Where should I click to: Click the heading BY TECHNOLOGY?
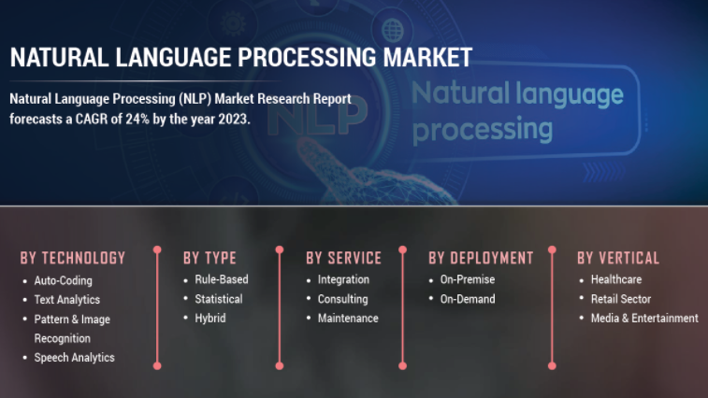73,258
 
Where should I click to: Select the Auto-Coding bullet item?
64,280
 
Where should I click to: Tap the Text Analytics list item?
67,300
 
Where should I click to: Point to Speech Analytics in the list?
75,358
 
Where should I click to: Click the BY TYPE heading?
210,258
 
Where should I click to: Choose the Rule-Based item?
222,279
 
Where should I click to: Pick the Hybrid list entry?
210,319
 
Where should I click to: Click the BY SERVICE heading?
343,258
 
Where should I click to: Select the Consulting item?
343,299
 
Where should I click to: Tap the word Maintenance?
348,319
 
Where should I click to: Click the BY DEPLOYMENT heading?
481,258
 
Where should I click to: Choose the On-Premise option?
468,279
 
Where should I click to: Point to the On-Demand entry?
468,299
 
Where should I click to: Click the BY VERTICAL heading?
618,258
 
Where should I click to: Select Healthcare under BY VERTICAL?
616,279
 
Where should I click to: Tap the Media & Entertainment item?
644,319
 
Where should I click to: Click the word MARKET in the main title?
427,57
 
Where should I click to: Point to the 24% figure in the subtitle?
137,120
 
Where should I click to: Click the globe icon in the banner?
393,30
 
